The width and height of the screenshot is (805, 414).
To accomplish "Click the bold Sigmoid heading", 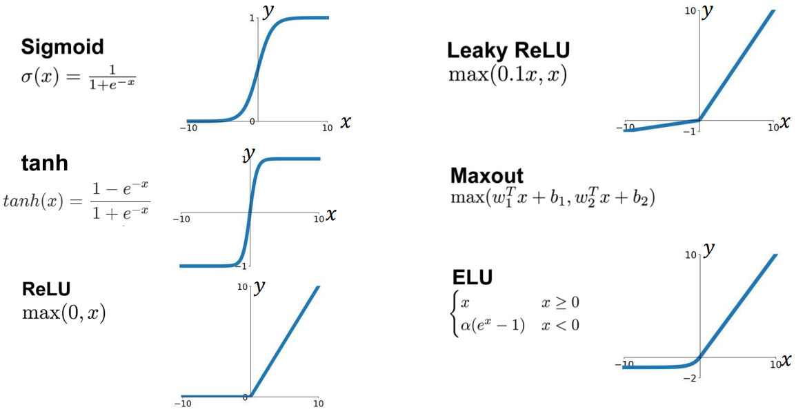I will pyautogui.click(x=62, y=47).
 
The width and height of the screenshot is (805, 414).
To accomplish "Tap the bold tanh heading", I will pyautogui.click(x=44, y=164).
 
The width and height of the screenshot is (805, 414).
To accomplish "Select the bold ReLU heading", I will pyautogui.click(x=46, y=288).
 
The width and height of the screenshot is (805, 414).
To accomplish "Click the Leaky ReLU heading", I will pyautogui.click(x=508, y=50).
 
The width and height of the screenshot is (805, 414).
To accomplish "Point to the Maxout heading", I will pyautogui.click(x=486, y=175).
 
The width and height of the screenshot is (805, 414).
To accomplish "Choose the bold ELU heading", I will pyautogui.click(x=472, y=277).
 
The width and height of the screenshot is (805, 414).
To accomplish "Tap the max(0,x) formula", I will pyautogui.click(x=63, y=312).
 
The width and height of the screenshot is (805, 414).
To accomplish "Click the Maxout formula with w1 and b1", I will pyautogui.click(x=552, y=197).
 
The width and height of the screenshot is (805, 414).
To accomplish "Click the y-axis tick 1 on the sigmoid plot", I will pyautogui.click(x=251, y=17).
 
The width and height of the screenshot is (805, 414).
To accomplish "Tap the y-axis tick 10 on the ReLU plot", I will pyautogui.click(x=241, y=286).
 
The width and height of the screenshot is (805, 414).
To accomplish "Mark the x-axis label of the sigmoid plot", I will pyautogui.click(x=346, y=123).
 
